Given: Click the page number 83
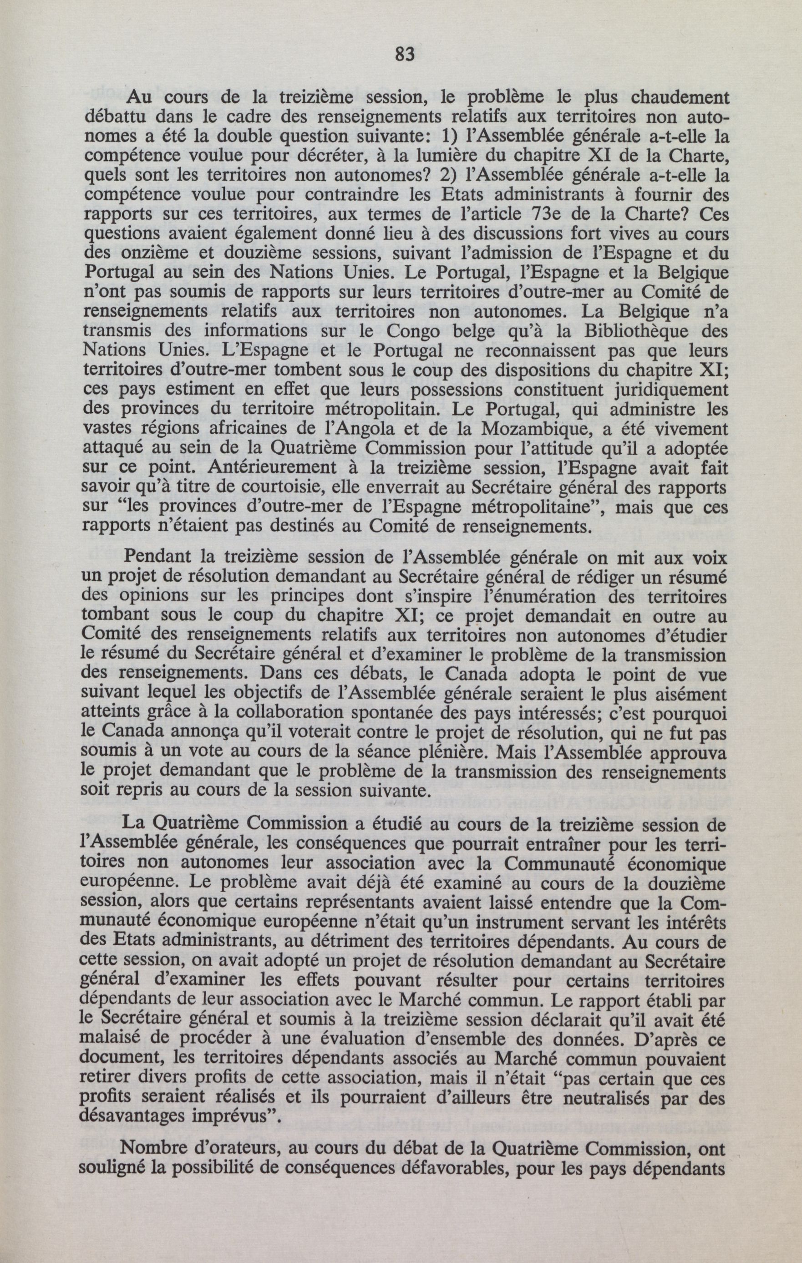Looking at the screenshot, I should [403, 55].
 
